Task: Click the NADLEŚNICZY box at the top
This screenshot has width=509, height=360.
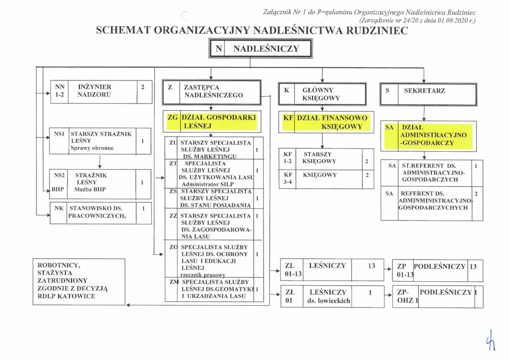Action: tap(261, 49)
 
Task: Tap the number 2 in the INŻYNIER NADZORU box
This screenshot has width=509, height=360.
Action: tap(142, 87)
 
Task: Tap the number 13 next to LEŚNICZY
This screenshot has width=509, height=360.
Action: tap(371, 265)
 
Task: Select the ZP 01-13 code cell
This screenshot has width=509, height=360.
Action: tap(402, 271)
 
